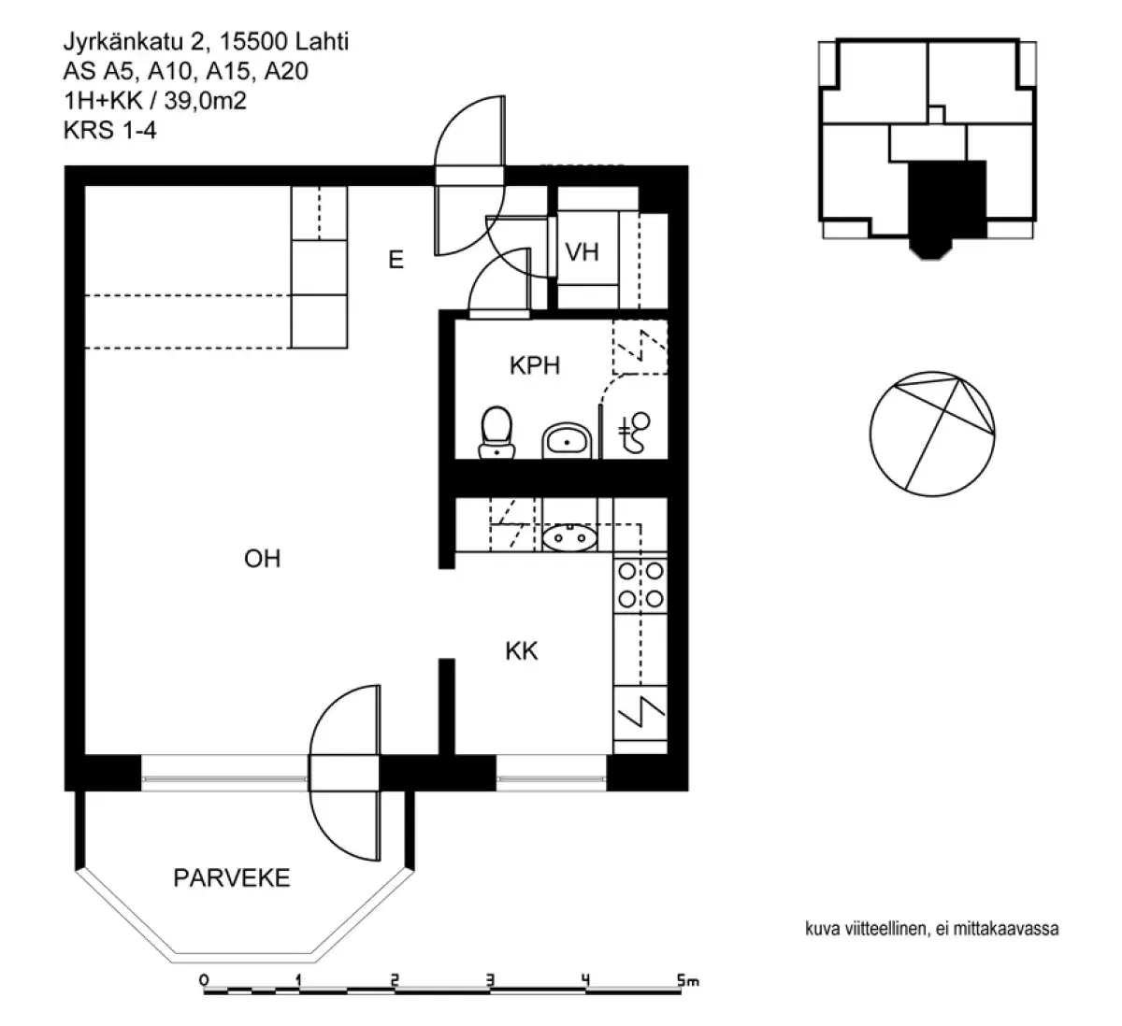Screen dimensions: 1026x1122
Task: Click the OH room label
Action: (x=262, y=559)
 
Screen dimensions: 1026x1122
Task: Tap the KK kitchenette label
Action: (x=522, y=651)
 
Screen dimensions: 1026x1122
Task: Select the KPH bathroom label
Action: (x=535, y=365)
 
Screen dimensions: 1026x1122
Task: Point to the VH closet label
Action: (x=583, y=252)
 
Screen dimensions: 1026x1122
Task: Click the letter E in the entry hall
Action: (x=396, y=261)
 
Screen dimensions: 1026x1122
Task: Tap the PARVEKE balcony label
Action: (x=231, y=878)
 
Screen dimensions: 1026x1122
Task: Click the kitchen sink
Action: (x=569, y=538)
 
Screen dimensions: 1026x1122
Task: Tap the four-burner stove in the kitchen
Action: (x=640, y=584)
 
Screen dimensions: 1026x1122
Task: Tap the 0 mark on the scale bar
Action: (x=204, y=981)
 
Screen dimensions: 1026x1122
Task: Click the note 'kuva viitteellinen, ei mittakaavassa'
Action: (x=930, y=929)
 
